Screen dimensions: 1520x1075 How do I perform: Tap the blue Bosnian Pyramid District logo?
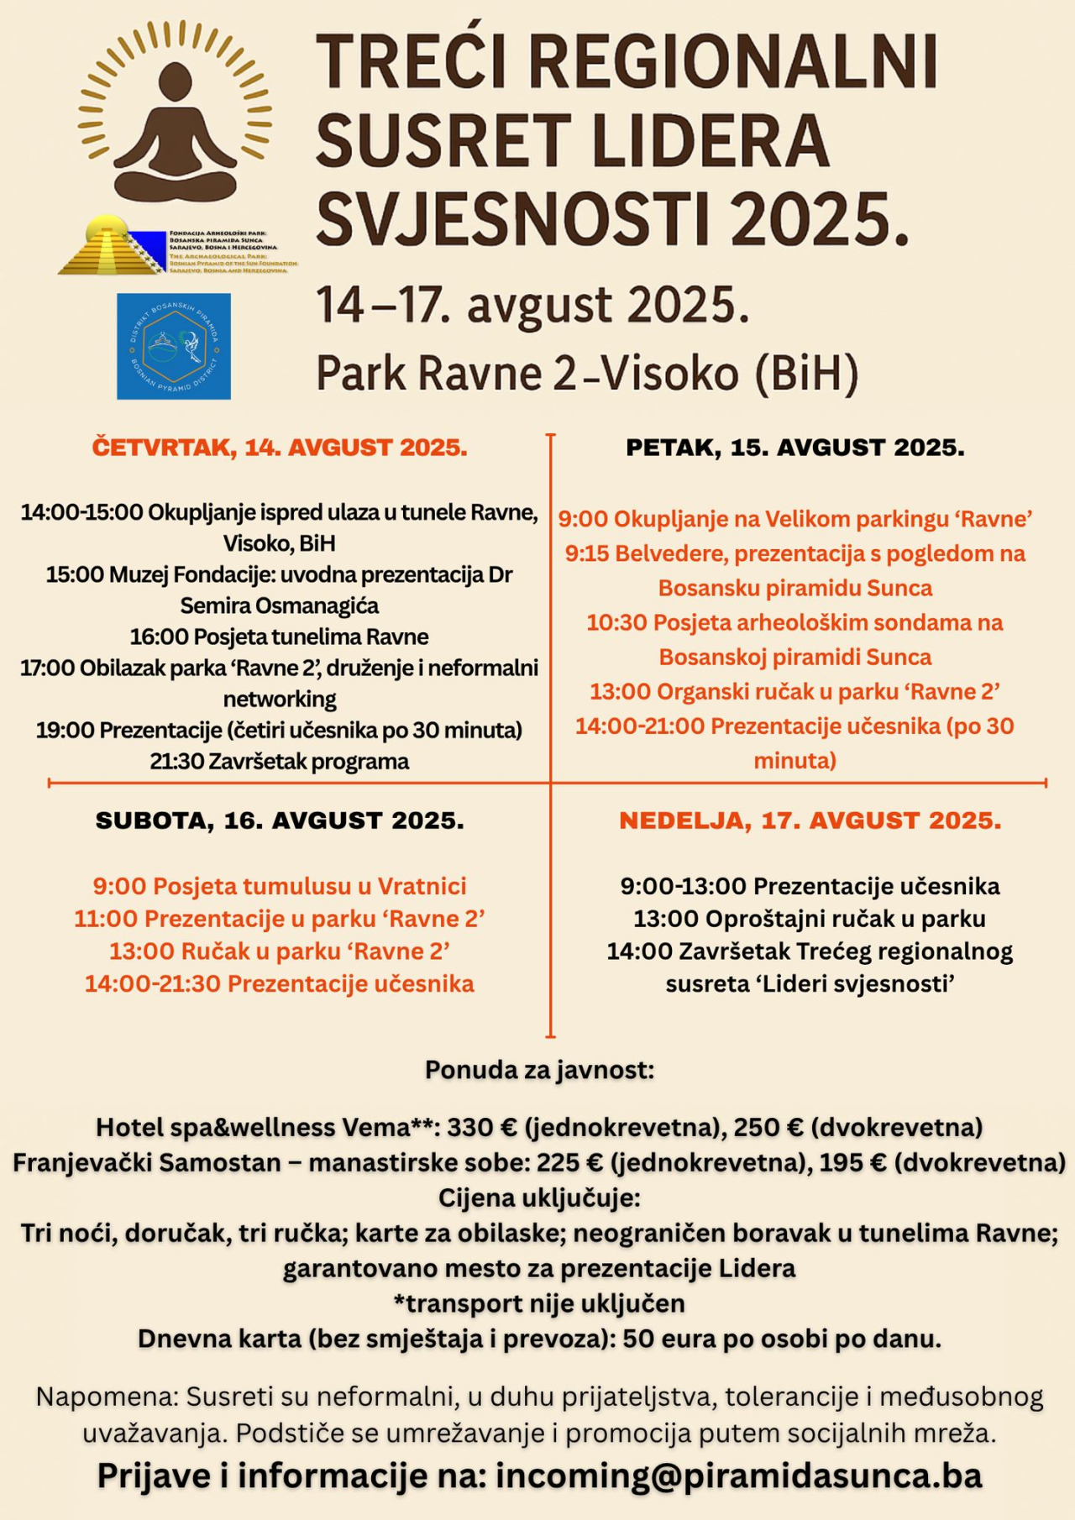(174, 346)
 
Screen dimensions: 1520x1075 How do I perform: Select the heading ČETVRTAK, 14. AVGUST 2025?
(280, 448)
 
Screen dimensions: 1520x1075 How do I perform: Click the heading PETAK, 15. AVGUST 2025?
(795, 448)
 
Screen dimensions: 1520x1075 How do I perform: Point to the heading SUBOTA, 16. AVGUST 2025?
(280, 820)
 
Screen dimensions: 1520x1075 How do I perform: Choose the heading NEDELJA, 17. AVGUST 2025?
(810, 820)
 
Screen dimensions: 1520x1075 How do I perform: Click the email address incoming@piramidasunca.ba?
(739, 1475)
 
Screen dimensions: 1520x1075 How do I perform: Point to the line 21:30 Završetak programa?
(280, 762)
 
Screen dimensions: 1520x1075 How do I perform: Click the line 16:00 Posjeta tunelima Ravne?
(280, 637)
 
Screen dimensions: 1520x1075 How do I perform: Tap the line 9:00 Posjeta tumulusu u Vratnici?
(280, 886)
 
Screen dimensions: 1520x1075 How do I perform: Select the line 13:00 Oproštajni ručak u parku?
(810, 919)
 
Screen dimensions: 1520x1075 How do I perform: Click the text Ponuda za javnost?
(539, 1070)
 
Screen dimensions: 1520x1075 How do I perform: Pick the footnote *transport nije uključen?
(539, 1303)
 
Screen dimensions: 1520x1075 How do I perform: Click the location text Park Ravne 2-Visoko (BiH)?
(587, 374)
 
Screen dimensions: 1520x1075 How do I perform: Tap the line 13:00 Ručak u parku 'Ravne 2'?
(280, 951)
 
